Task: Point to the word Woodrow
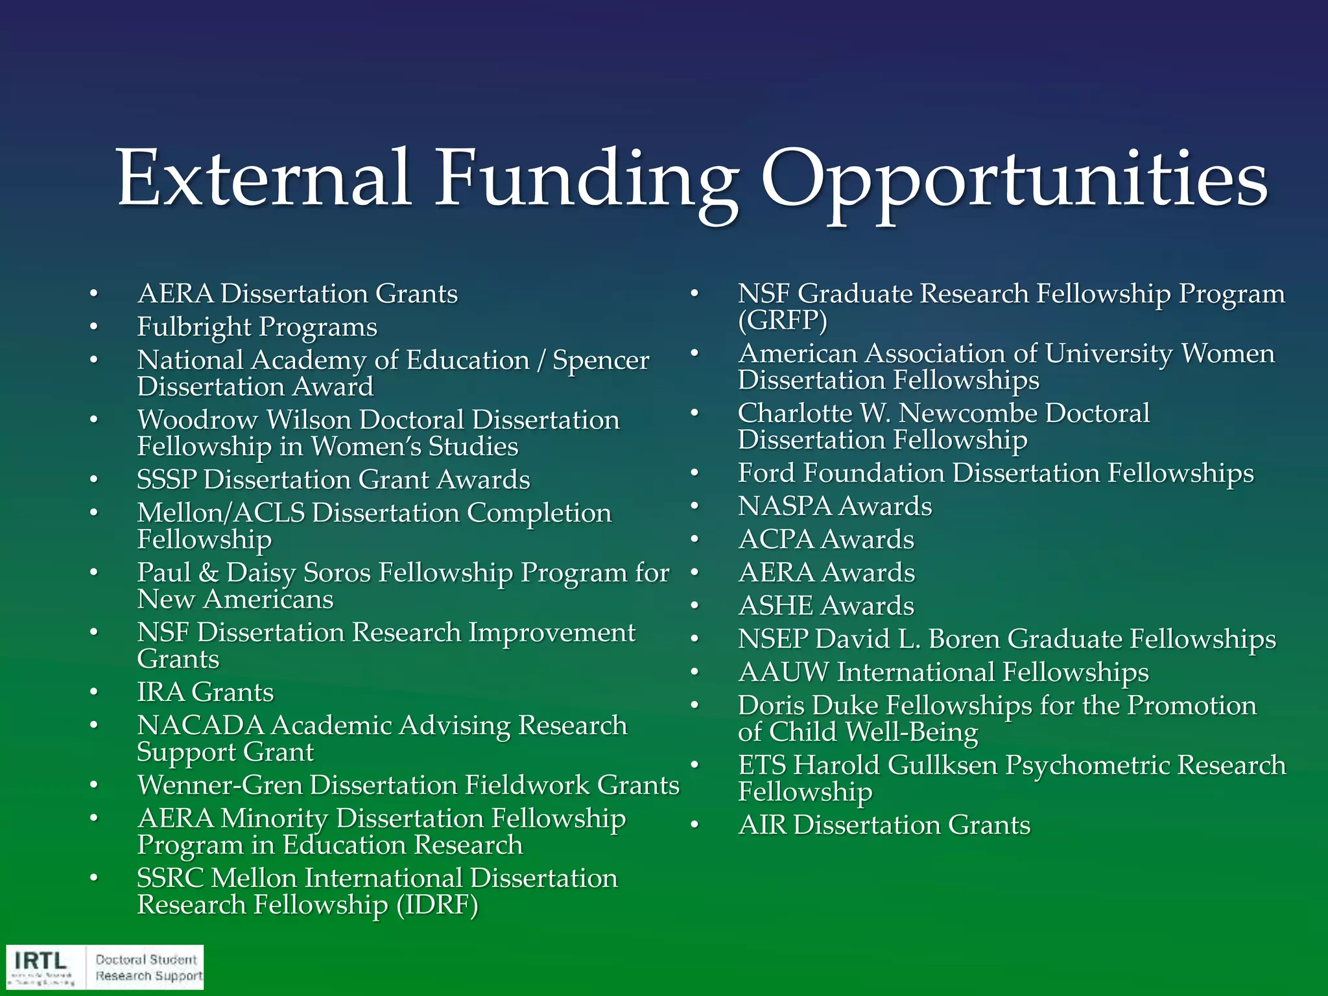pos(197,420)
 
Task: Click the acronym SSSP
pos(167,480)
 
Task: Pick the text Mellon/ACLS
pos(221,514)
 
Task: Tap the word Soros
pos(337,573)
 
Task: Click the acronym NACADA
pos(200,726)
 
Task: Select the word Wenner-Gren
pos(220,785)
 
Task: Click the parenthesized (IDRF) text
pos(437,905)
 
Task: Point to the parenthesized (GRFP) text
pos(783,320)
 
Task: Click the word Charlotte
pos(795,414)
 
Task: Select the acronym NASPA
pos(785,506)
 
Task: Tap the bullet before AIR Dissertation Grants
pos(694,825)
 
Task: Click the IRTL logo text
pos(40,960)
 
